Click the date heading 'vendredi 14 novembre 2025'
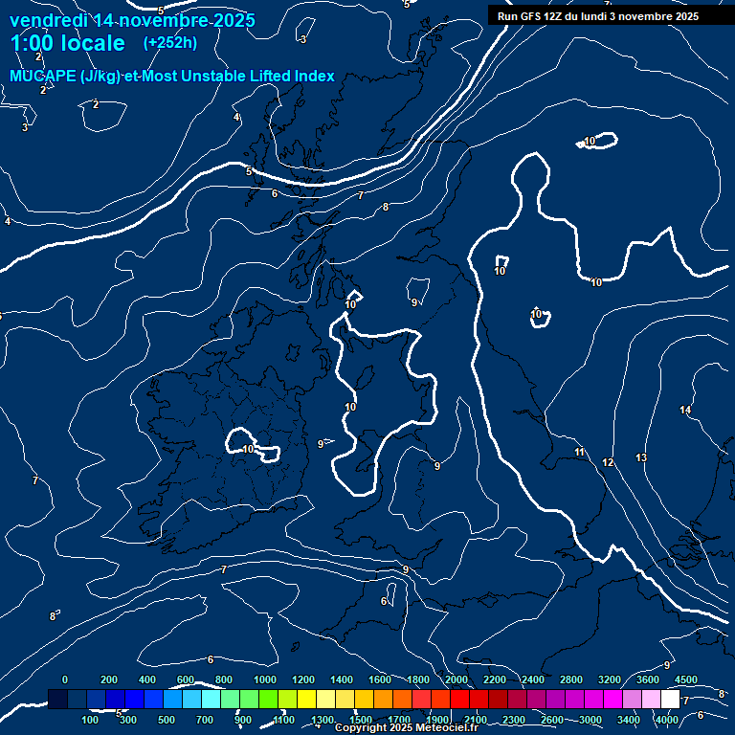[132, 20]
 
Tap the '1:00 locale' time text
[67, 43]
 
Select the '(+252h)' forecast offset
[170, 43]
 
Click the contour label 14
[685, 411]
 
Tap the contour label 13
[641, 458]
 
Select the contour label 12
[608, 463]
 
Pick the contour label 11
[579, 452]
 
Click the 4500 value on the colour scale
[686, 679]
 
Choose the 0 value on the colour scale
[65, 679]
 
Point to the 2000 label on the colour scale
[457, 679]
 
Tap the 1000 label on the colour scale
[265, 679]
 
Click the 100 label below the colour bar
[90, 720]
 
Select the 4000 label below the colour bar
[667, 720]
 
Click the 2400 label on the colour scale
[533, 679]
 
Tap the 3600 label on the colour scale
[648, 679]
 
